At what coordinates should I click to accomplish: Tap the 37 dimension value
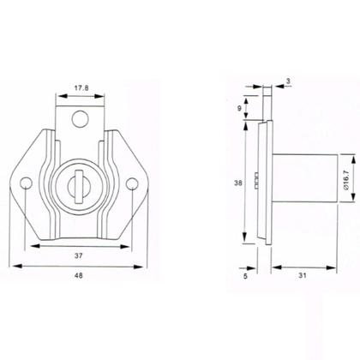pyautogui.click(x=77, y=256)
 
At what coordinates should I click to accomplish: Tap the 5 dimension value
pyautogui.click(x=244, y=277)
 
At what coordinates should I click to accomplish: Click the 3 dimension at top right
pyautogui.click(x=289, y=82)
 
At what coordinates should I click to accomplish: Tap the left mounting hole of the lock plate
pyautogui.click(x=26, y=183)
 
